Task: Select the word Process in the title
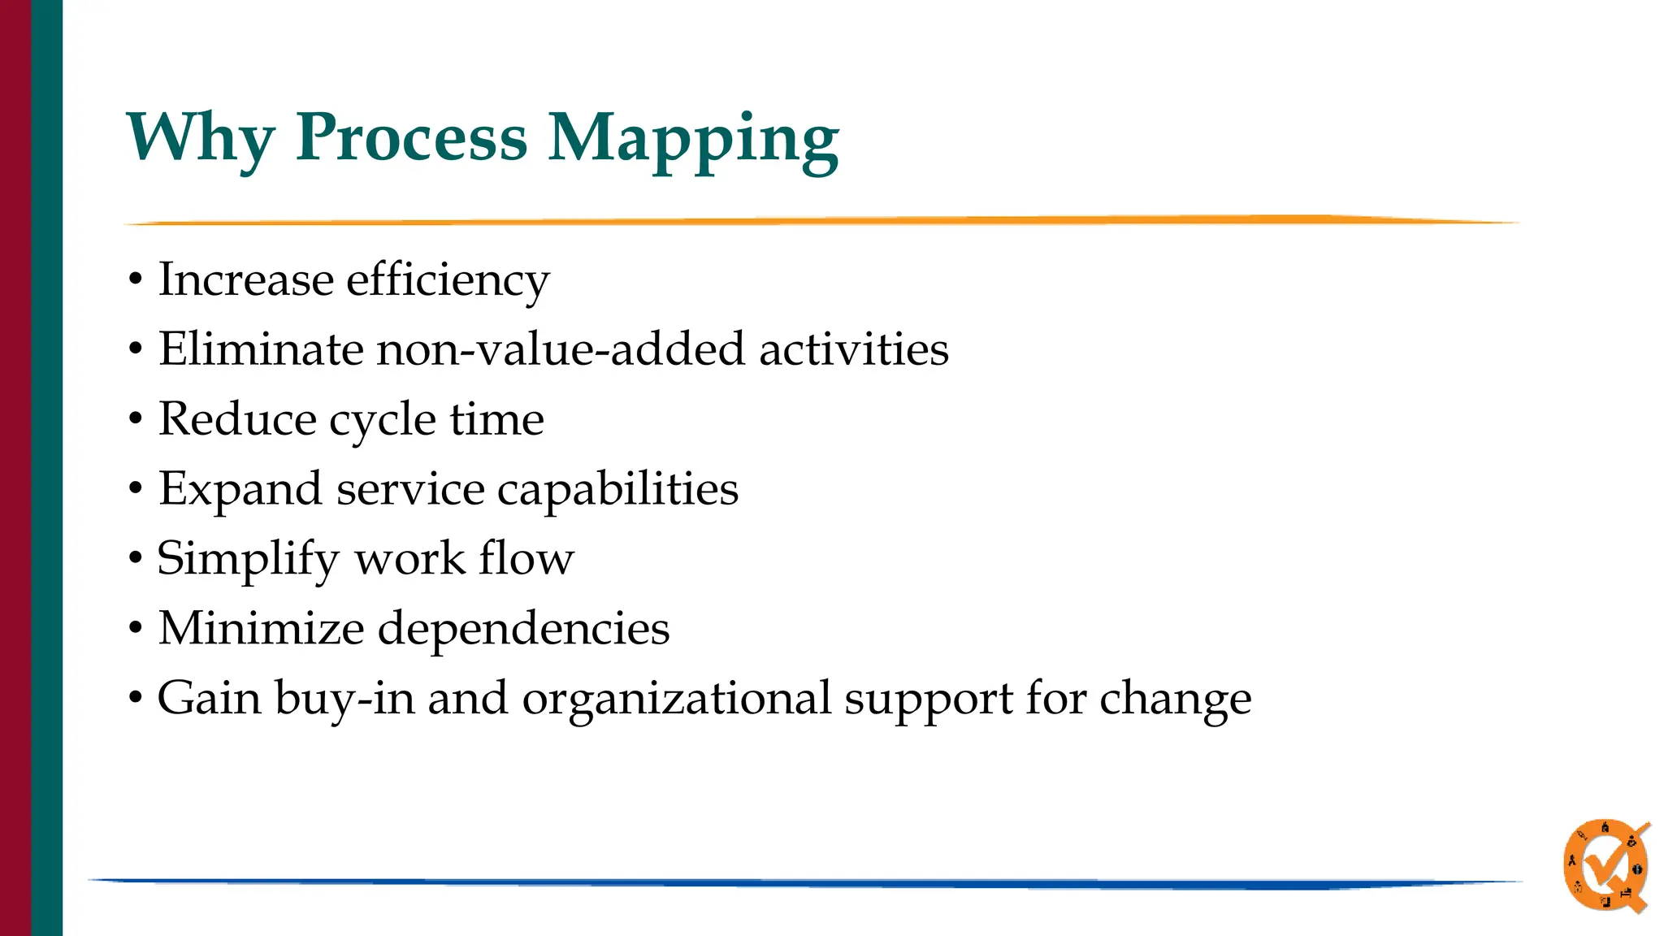[x=411, y=138]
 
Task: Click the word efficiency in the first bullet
[x=448, y=281]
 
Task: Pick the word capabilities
[x=617, y=490]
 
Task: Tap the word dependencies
[x=524, y=630]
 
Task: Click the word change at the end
[x=1175, y=700]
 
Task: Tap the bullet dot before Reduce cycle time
[x=136, y=420]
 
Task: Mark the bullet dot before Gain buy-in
[x=136, y=699]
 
